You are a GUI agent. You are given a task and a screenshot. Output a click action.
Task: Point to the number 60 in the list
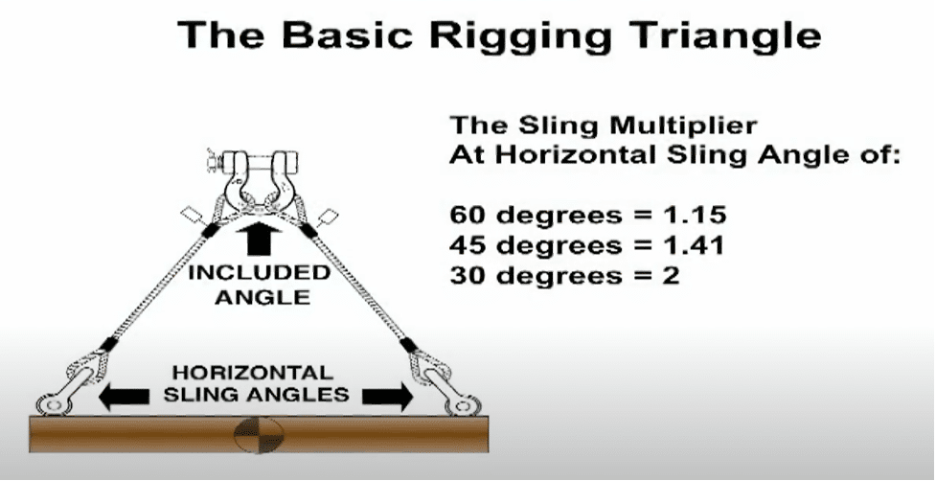click(468, 215)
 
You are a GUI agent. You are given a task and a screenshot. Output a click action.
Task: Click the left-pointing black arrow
click(124, 397)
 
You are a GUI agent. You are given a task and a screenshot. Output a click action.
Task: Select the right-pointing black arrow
click(387, 397)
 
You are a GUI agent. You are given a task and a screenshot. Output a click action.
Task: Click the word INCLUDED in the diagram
click(259, 273)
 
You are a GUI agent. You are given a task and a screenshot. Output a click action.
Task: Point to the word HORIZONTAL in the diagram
click(253, 373)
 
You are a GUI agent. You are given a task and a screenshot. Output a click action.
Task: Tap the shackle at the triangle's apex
click(258, 179)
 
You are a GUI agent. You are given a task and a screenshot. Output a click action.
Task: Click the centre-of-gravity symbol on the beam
click(259, 434)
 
